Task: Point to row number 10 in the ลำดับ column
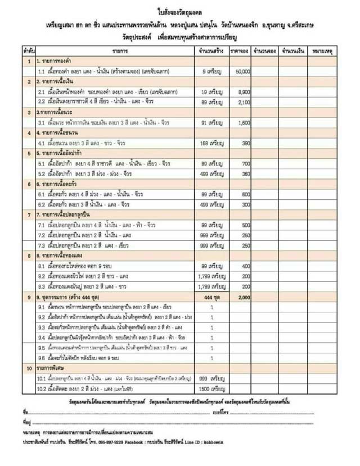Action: click(28, 369)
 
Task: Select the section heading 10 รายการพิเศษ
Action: click(54, 369)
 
